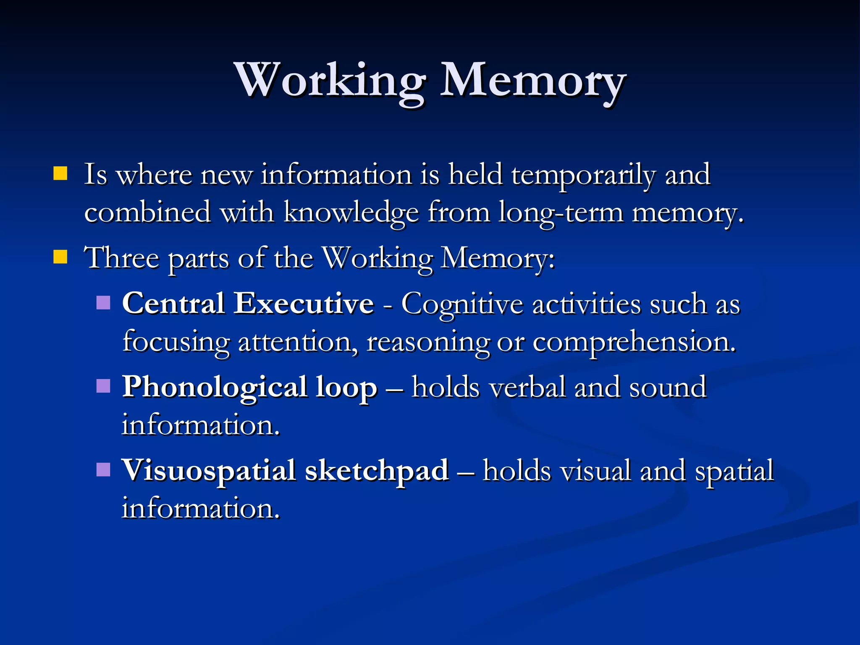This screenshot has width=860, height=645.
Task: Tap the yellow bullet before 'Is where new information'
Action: point(60,173)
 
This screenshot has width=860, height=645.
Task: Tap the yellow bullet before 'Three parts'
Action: point(60,257)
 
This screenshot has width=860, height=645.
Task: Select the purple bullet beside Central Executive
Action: point(103,302)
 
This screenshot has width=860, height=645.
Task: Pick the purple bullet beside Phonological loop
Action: point(103,385)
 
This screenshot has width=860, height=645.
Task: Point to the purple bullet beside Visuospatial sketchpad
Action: point(103,469)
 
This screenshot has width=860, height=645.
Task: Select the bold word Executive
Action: point(304,303)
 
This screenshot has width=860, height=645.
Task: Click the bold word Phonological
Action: point(214,387)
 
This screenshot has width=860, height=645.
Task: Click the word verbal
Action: point(527,387)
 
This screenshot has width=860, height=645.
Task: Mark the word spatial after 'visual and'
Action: point(734,471)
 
